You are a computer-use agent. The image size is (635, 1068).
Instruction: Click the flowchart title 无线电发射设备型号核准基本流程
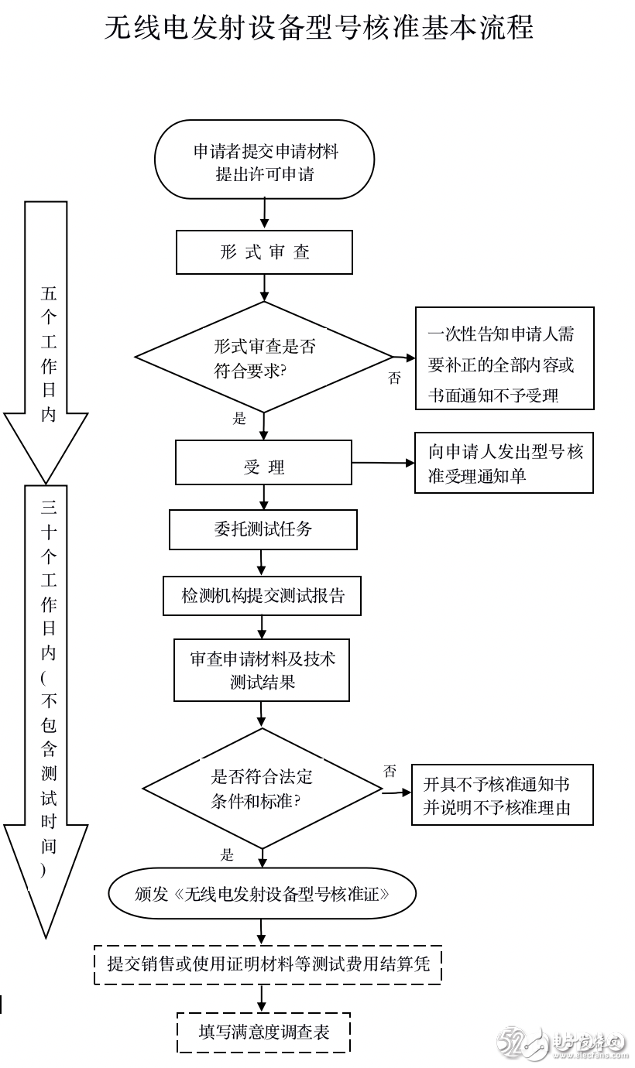(x=318, y=27)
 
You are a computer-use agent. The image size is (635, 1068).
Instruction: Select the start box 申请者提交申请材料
(x=264, y=159)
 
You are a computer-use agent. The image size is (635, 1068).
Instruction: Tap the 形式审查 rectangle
(x=264, y=252)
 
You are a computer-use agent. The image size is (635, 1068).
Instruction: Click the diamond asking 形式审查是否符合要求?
(x=264, y=357)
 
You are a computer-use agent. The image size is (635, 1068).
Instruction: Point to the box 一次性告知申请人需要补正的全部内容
(x=505, y=358)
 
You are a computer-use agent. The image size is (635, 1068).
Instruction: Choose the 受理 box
(x=264, y=463)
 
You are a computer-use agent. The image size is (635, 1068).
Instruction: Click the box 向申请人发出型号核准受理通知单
(x=504, y=463)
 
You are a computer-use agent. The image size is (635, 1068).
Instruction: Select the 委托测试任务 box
(x=263, y=529)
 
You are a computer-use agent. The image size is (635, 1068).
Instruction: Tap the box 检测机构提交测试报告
(x=262, y=596)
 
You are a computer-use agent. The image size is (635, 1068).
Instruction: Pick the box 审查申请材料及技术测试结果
(x=262, y=670)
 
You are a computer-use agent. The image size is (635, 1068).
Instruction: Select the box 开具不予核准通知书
(x=503, y=795)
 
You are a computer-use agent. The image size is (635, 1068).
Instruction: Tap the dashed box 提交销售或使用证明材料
(x=268, y=964)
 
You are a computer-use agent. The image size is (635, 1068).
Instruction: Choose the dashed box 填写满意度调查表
(x=264, y=1032)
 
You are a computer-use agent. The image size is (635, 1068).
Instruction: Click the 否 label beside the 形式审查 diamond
(x=394, y=378)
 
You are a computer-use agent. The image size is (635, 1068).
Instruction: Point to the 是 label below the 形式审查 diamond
(x=239, y=419)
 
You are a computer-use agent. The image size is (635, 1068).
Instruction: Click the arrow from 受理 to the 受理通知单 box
(x=383, y=463)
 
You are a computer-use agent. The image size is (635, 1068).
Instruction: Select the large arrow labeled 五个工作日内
(x=46, y=342)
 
